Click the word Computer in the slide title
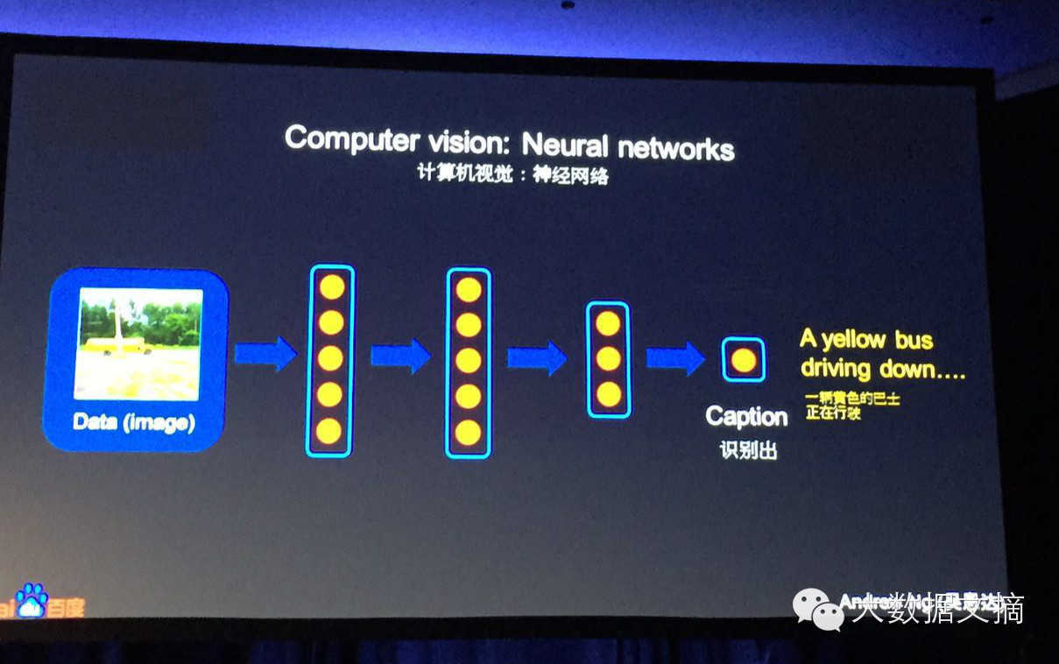(339, 138)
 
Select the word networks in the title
(675, 148)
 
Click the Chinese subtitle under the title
(512, 174)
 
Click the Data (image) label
(134, 422)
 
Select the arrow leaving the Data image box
(265, 354)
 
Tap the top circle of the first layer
(331, 287)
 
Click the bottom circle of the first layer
(328, 430)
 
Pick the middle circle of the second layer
(469, 361)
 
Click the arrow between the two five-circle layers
(400, 357)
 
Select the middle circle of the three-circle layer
(608, 359)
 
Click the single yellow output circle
(744, 359)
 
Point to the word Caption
(746, 416)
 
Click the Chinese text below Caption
(745, 451)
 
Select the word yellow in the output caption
(853, 339)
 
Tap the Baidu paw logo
(32, 599)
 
